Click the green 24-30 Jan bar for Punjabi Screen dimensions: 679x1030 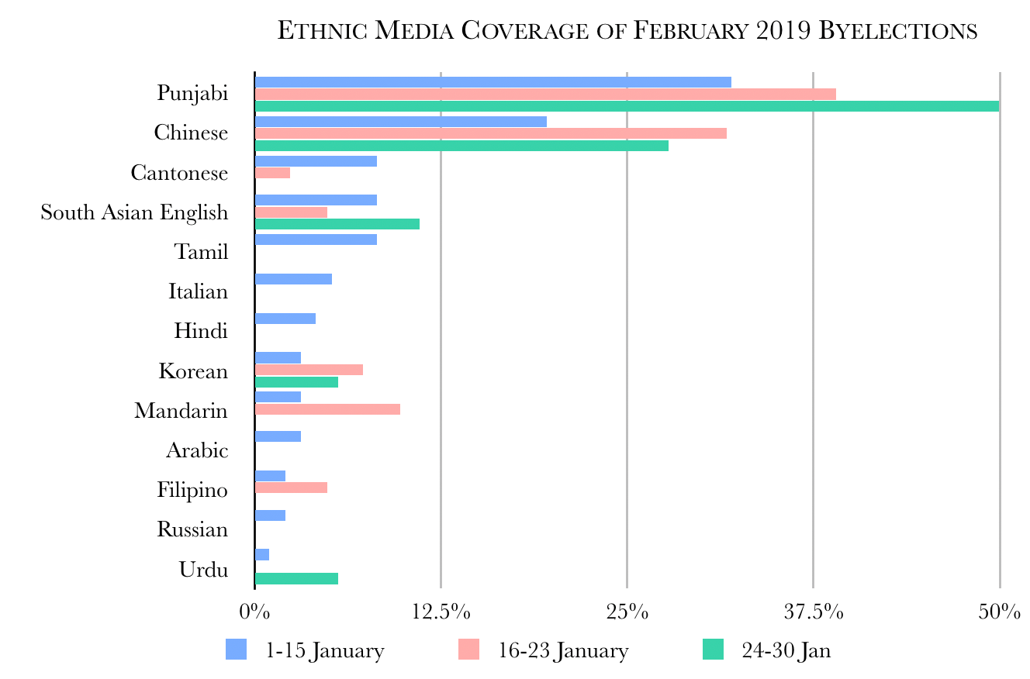click(627, 106)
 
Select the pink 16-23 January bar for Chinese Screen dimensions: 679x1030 click(490, 133)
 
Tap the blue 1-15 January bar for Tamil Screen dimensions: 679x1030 click(316, 240)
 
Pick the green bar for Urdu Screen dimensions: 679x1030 click(296, 578)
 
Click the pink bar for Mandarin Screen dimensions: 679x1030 click(327, 409)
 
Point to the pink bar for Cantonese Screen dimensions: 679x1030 click(272, 173)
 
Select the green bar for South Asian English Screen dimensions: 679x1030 click(337, 224)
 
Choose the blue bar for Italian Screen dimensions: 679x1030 click(293, 279)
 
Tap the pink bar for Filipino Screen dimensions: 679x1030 click(291, 488)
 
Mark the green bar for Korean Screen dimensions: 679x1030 click(296, 382)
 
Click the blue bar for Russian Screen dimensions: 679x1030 click(270, 515)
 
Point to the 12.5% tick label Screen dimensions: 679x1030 click(441, 612)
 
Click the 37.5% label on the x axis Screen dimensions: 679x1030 click(813, 612)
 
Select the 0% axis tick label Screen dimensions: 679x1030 click(254, 612)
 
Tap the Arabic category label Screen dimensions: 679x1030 click(197, 450)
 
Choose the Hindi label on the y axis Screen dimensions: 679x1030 click(201, 332)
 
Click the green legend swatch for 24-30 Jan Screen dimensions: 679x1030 click(713, 650)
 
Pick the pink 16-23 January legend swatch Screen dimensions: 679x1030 click(469, 650)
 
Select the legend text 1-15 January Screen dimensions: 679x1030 click(324, 650)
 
